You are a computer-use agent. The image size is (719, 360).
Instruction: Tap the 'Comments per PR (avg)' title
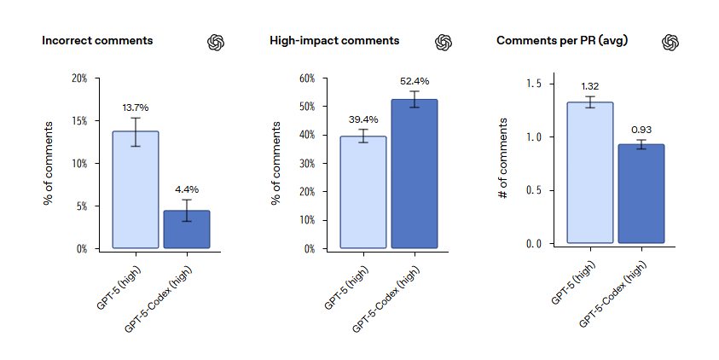point(562,40)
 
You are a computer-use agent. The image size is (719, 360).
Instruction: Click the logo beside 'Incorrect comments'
point(216,42)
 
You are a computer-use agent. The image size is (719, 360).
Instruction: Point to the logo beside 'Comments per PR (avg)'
point(670,42)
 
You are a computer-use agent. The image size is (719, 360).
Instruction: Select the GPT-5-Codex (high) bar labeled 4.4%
point(187,229)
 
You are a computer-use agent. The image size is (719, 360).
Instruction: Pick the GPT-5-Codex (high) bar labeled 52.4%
point(415,174)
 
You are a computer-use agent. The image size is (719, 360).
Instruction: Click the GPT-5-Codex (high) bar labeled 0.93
point(641,194)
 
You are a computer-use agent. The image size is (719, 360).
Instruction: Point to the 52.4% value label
point(415,82)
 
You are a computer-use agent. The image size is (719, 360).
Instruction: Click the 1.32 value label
point(590,86)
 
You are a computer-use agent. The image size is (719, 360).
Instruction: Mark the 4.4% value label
point(187,189)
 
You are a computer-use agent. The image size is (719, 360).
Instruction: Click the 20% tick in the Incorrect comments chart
point(78,78)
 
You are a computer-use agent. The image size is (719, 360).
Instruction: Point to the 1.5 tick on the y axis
point(534,84)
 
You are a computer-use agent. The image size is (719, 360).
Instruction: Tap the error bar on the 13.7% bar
point(136,131)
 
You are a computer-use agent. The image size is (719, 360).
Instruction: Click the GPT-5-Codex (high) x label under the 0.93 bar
point(618,294)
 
